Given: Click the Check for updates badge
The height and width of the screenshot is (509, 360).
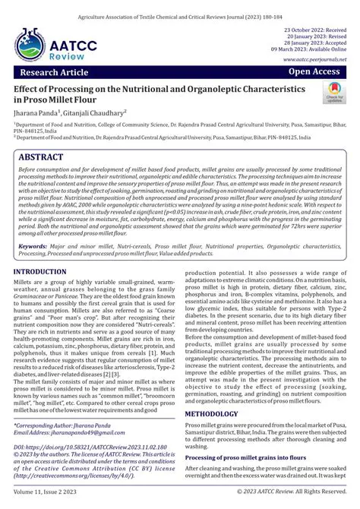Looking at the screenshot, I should [333, 94].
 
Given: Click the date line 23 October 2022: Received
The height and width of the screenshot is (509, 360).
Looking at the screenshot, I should [314, 29].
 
